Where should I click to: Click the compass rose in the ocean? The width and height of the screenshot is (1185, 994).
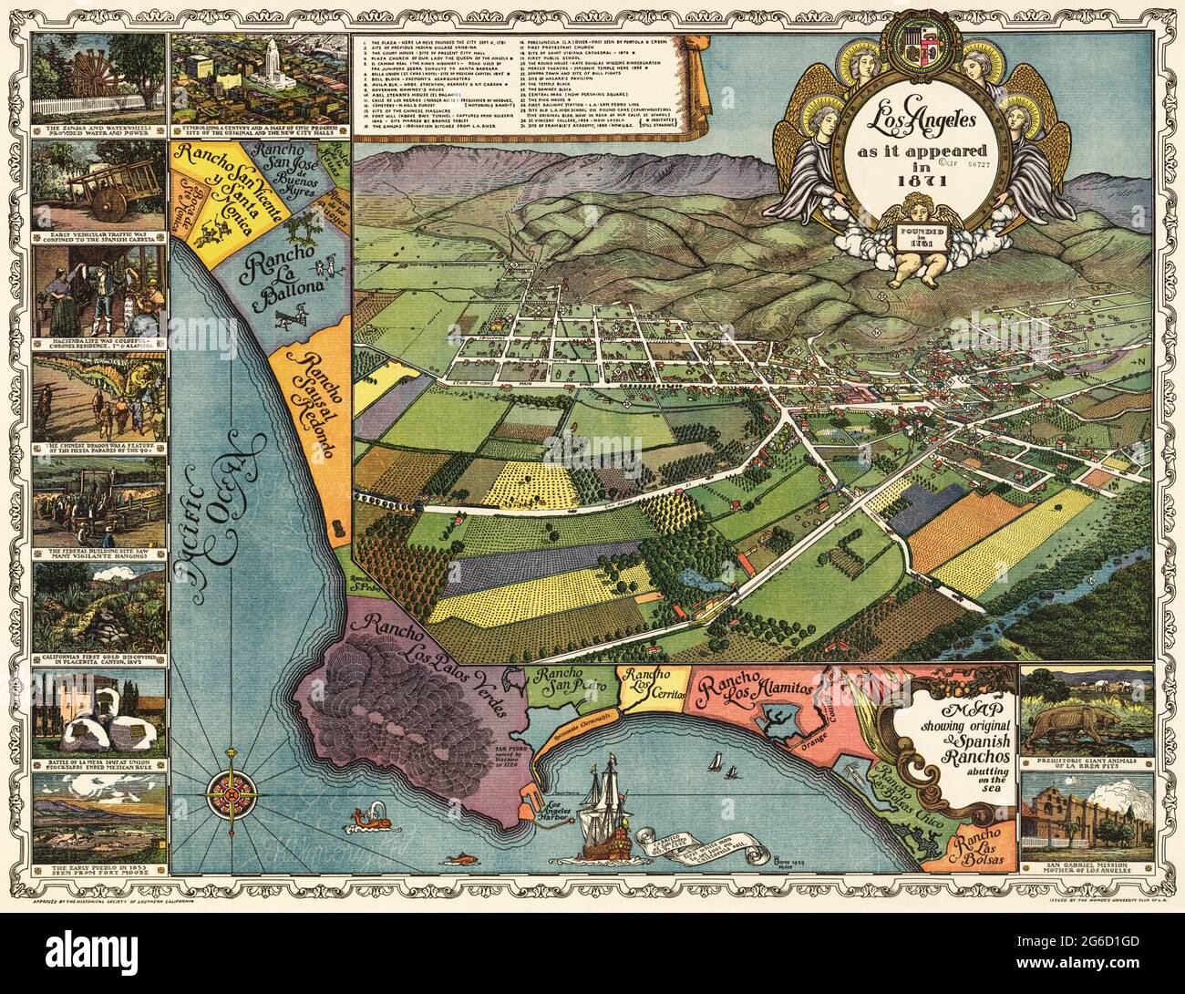pyautogui.click(x=233, y=794)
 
